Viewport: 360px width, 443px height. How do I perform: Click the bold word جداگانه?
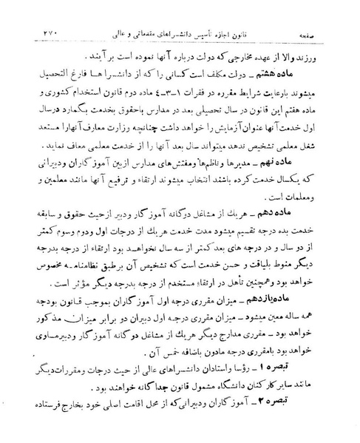(123, 404)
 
